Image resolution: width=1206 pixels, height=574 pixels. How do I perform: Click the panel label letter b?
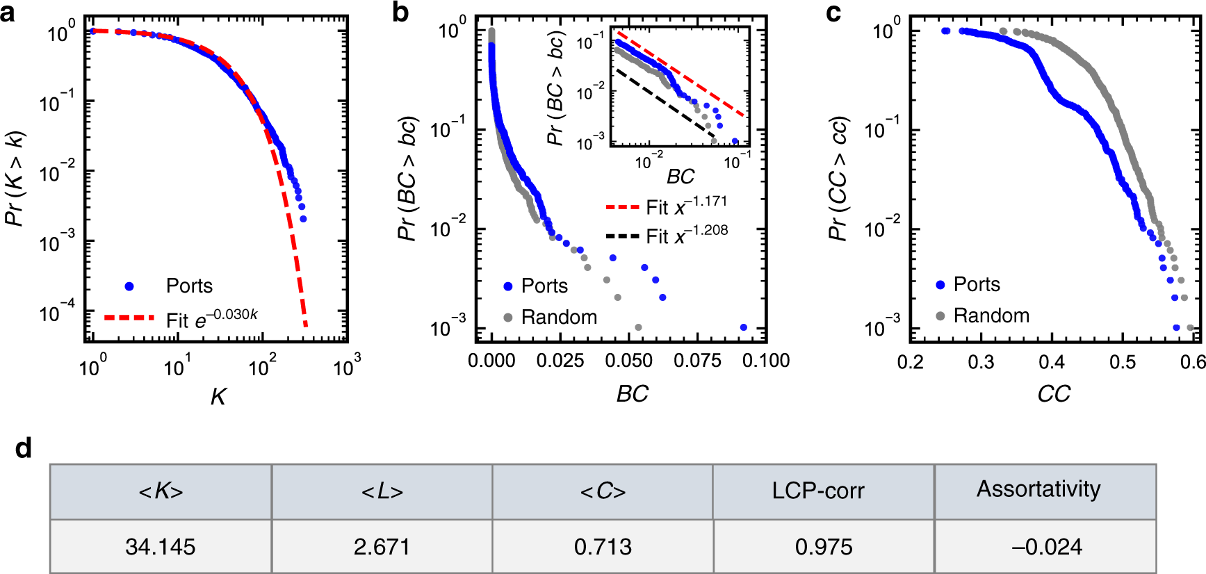coord(400,13)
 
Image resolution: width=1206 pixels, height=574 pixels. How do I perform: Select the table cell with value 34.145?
coord(161,546)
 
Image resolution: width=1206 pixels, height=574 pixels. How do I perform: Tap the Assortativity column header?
coord(1038,489)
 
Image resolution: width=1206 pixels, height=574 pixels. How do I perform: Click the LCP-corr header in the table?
coord(818,491)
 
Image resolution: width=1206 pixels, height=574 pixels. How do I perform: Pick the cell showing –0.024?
coord(1046,546)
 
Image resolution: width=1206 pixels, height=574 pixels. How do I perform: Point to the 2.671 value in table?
coord(382,546)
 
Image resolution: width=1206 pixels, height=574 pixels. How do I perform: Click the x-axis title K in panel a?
coord(218,396)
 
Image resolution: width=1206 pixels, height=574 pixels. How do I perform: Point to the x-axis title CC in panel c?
coord(1054,394)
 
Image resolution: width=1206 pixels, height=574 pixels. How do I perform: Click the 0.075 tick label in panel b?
coord(697,361)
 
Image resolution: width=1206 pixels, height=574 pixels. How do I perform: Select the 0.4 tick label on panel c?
coord(1052,362)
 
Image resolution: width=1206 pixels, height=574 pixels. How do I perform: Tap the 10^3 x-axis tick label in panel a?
coord(345,365)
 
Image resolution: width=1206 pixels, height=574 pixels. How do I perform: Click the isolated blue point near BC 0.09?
coord(744,327)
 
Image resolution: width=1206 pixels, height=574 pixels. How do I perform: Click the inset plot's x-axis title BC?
coord(681,177)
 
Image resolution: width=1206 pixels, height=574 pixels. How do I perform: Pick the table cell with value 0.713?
coord(603,546)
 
